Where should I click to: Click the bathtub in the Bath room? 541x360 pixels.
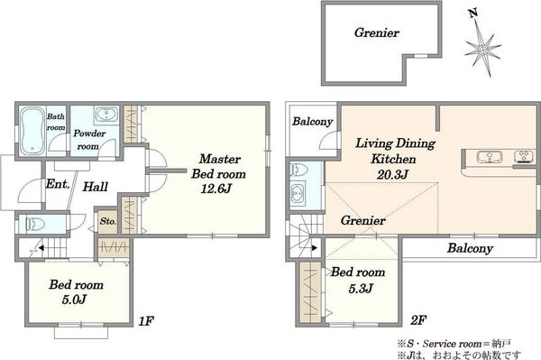[x=32, y=131]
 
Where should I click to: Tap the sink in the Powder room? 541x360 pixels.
[x=106, y=115]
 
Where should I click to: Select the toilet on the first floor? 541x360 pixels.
[x=35, y=224]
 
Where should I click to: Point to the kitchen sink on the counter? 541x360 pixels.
[x=490, y=157]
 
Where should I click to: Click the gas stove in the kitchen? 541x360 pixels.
[x=524, y=157]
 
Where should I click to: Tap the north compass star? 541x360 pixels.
[x=482, y=48]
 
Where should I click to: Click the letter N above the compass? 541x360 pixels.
[x=472, y=14]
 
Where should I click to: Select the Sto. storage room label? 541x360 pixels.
[x=108, y=221]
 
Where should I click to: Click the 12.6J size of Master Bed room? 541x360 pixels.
[x=216, y=189]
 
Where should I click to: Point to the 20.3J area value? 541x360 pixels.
[x=392, y=175]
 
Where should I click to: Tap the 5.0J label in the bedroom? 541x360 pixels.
[x=74, y=300]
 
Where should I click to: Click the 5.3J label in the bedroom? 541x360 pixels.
[x=360, y=288]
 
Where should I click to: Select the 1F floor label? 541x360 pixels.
[x=146, y=322]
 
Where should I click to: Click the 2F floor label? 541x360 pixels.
[x=417, y=321]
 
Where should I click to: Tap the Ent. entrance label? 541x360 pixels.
[x=58, y=184]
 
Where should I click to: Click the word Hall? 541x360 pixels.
[x=96, y=187]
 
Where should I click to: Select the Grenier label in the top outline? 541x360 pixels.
[x=376, y=32]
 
